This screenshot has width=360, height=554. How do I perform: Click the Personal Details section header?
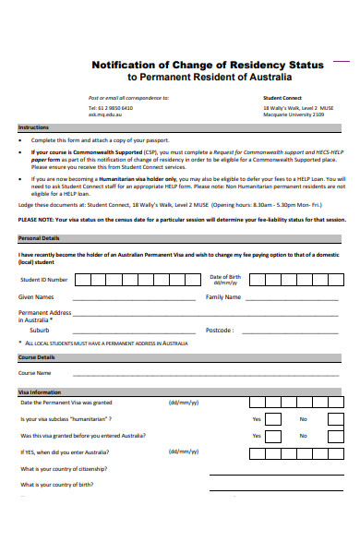40,238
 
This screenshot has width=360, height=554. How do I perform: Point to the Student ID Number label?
43,279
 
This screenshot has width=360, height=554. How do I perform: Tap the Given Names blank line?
129,299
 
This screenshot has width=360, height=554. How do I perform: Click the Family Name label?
223,297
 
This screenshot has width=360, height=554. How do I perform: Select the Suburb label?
40,330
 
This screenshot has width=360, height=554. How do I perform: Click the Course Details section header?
38,357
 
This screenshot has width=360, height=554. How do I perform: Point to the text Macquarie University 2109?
294,114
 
